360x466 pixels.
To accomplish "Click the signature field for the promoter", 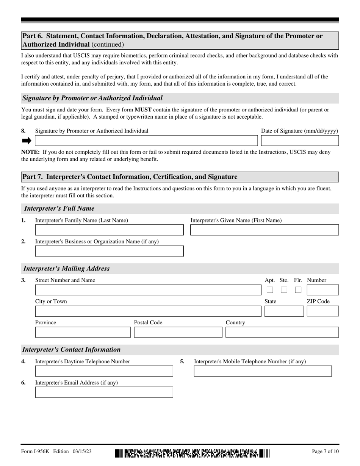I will click(x=146, y=141).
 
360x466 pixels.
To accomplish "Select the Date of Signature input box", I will click(x=300, y=141).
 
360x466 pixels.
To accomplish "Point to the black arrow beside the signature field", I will click(x=27, y=141).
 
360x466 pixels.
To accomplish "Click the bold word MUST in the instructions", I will click(x=143, y=110).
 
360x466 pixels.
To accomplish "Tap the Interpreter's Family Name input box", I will click(x=109, y=230).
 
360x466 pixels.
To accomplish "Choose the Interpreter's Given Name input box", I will click(x=264, y=230).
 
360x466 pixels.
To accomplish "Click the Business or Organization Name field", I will click(x=109, y=251).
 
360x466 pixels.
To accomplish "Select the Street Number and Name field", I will click(x=148, y=290).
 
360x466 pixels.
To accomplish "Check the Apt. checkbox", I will click(x=270, y=290).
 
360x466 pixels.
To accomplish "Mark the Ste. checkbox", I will click(x=284, y=290).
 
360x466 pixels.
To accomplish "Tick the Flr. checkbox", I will click(x=298, y=290).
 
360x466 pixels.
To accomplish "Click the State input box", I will click(x=284, y=311).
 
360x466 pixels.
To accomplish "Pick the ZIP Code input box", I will click(x=322, y=311).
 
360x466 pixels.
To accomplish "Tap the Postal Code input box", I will click(x=178, y=333).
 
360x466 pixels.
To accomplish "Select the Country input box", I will click(x=282, y=333).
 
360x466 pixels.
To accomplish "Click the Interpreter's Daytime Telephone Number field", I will click(x=104, y=371).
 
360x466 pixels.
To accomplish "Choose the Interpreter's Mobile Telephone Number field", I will click(x=263, y=371).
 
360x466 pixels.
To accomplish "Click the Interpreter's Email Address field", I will click(x=104, y=392).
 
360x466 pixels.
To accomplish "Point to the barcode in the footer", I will click(x=192, y=453).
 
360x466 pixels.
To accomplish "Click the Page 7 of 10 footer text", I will click(x=325, y=452).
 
